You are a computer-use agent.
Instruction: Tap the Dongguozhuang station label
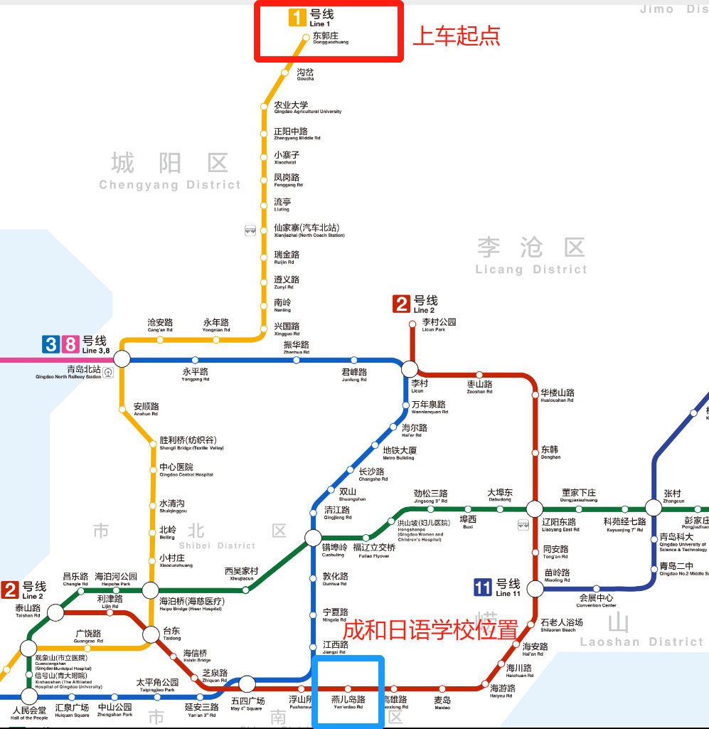coord(330,38)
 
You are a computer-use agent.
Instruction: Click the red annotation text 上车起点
coord(457,36)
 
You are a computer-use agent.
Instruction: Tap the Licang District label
coord(531,257)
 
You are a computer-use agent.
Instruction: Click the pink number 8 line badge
coord(70,346)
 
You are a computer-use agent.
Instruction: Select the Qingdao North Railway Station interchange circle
coord(122,359)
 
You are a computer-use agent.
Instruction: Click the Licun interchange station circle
coord(410,368)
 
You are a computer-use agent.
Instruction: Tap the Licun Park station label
coord(437,325)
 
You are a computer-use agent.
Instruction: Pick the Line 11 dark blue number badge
coord(483,587)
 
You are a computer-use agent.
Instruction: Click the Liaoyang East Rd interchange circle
coord(534,509)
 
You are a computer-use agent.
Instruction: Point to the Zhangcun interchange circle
coord(654,508)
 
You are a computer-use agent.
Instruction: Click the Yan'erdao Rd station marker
coord(348,688)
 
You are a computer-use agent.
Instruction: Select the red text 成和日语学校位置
coord(430,630)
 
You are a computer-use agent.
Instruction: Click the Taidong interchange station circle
coord(151,634)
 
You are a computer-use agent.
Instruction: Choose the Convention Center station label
coord(596,600)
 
